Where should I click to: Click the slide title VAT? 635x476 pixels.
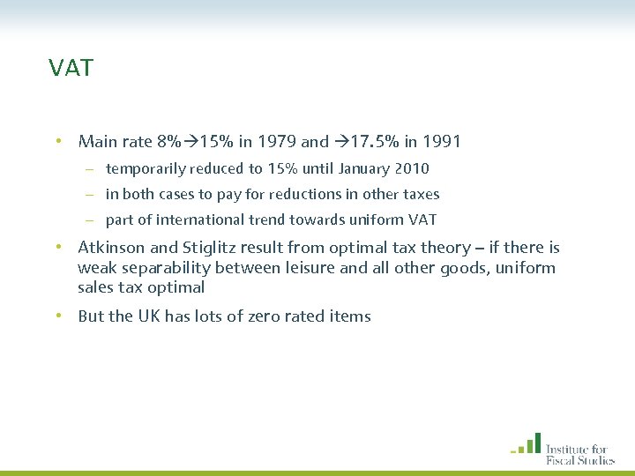coord(71,69)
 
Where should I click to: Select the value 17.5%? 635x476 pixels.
coord(375,141)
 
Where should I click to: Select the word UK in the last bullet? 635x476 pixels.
coord(148,316)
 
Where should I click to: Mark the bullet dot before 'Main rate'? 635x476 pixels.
coord(57,141)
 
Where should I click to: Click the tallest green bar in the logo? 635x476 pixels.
coord(536,442)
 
